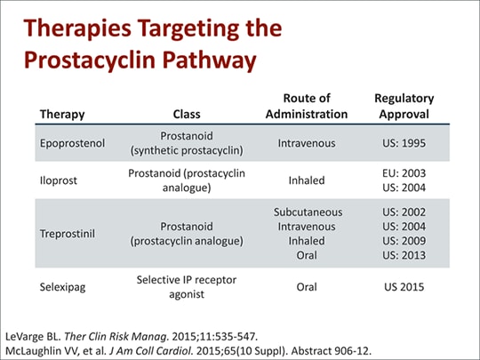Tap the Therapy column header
pyautogui.click(x=60, y=114)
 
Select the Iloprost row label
pyautogui.click(x=56, y=179)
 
